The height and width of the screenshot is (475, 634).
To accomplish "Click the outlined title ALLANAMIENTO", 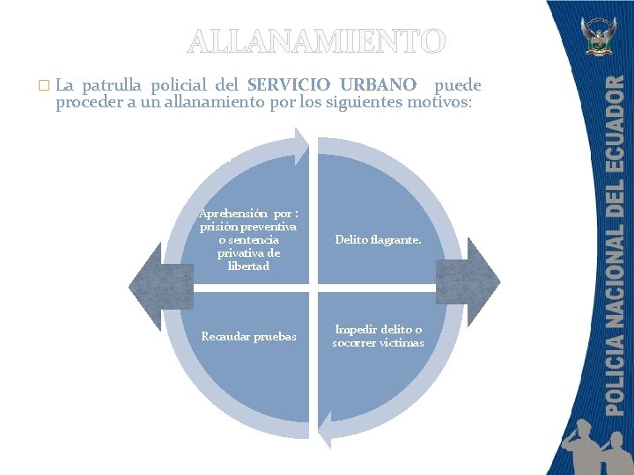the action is [317, 42].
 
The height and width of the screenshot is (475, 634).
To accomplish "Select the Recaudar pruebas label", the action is [248, 336].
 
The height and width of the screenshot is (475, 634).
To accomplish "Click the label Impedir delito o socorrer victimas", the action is [378, 335].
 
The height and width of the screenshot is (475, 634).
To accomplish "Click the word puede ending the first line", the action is [459, 86].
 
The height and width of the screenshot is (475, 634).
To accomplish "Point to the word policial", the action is [183, 86].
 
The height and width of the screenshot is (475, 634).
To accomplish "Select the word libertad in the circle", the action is [248, 267].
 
